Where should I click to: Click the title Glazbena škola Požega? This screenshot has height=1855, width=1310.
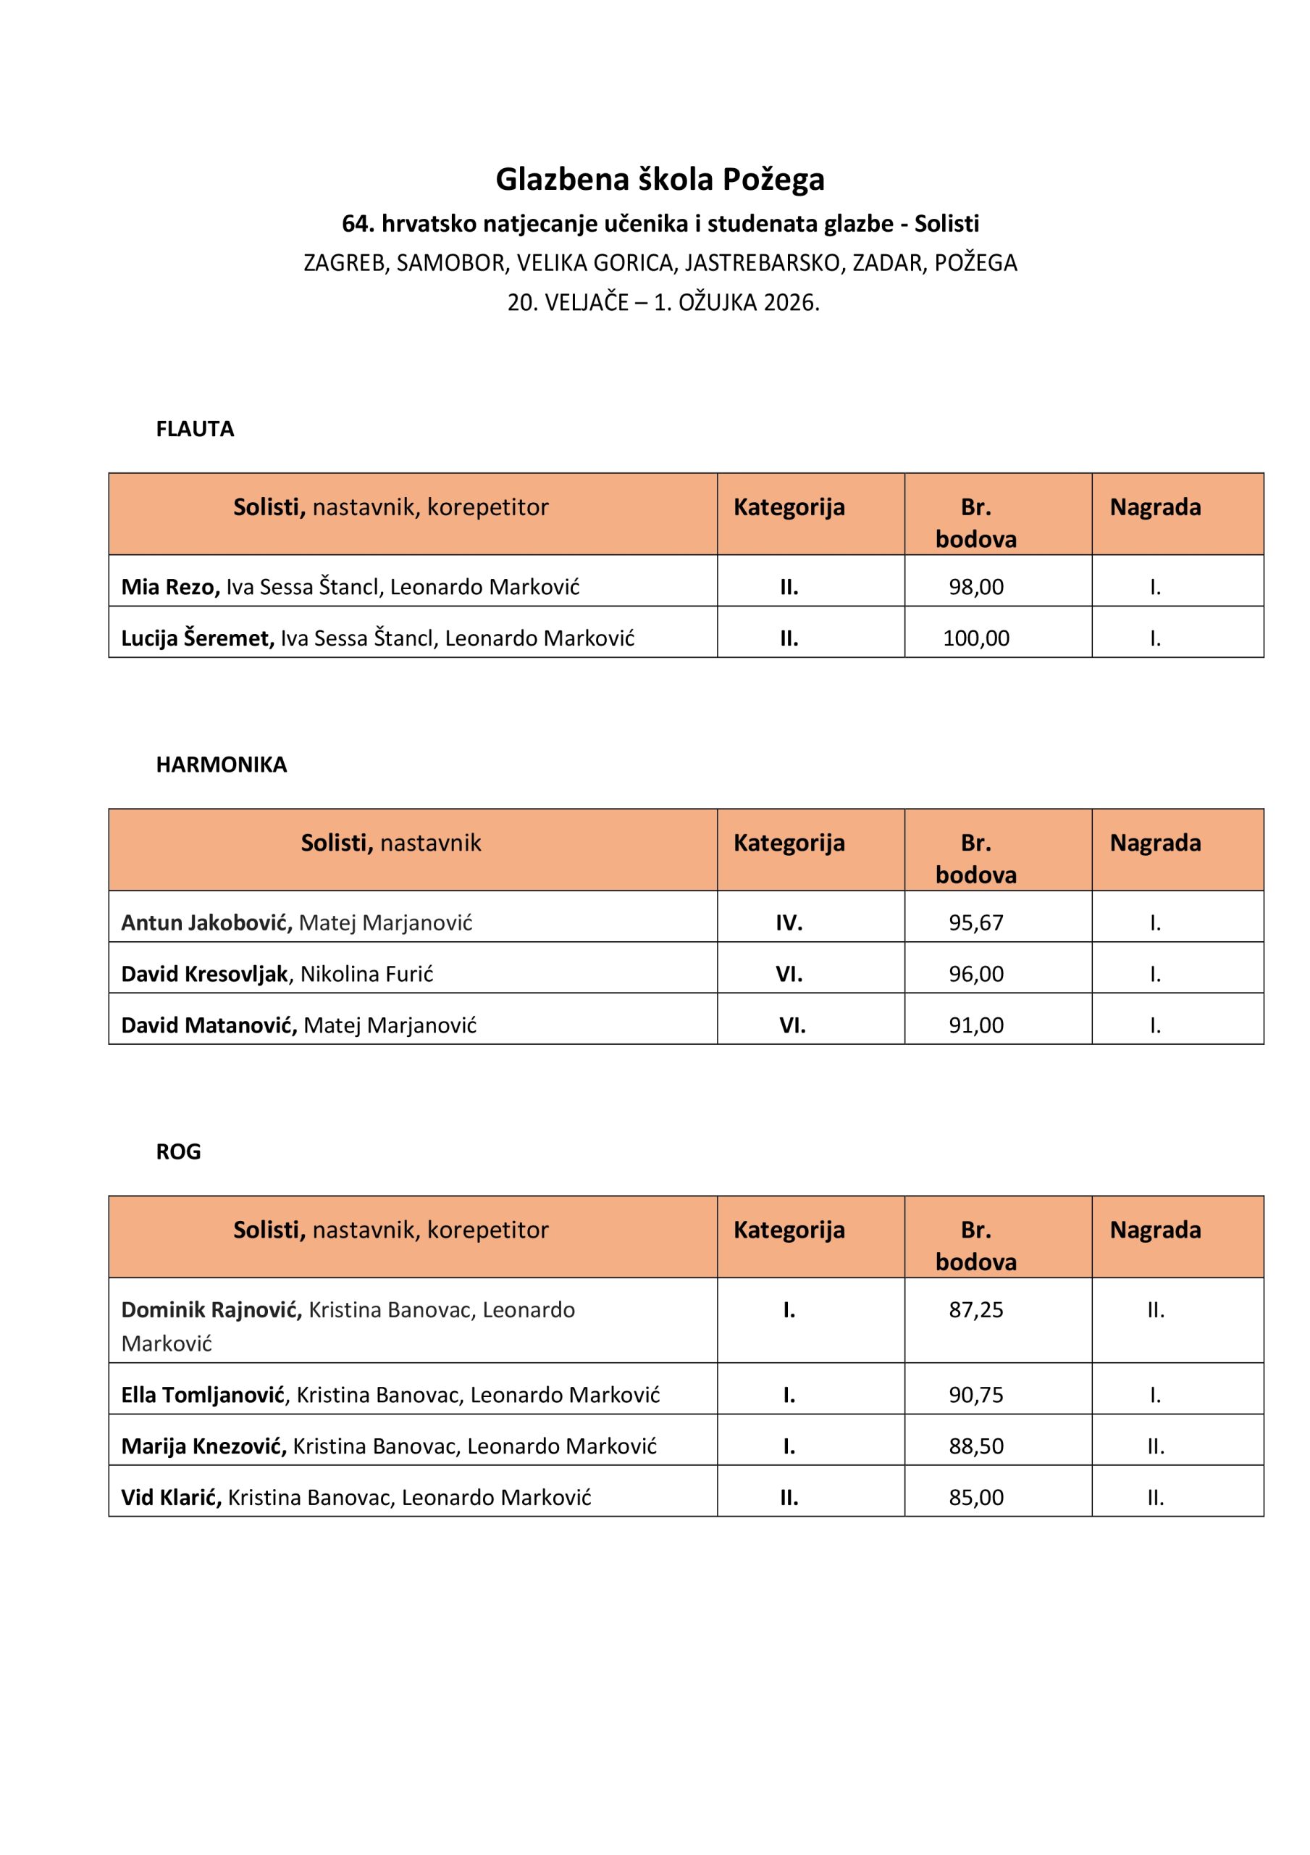tap(660, 180)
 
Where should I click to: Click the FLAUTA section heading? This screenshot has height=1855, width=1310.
tap(195, 429)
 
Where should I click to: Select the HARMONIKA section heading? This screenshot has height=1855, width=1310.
tap(222, 764)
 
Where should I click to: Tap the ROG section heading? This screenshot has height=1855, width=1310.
tap(178, 1151)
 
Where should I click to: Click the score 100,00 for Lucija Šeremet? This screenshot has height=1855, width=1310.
tap(975, 638)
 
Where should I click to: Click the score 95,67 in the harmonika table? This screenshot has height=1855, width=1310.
tap(975, 922)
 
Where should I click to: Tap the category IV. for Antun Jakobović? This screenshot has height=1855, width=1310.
tap(789, 922)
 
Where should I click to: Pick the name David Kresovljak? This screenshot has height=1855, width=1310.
tap(204, 975)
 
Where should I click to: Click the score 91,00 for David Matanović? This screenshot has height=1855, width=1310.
tap(975, 1025)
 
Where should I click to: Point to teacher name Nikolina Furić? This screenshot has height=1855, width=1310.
tap(366, 975)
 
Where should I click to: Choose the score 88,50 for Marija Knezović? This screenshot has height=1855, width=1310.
tap(975, 1446)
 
